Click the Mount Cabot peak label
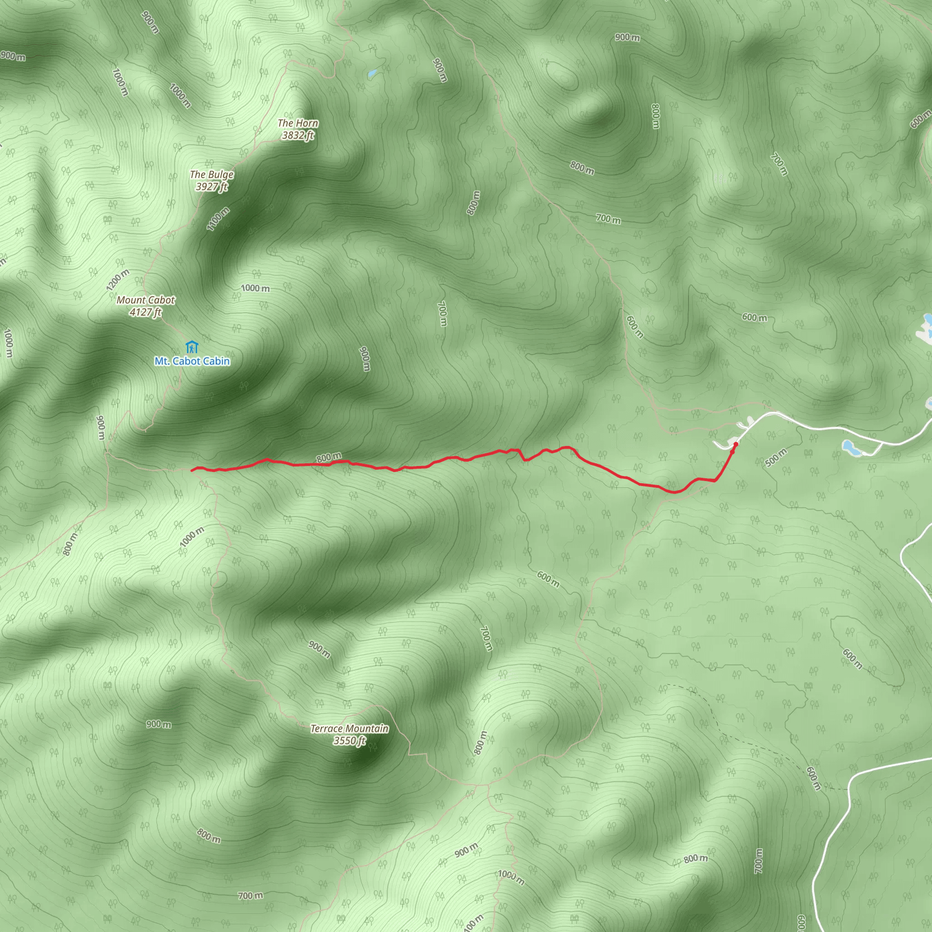pos(146,300)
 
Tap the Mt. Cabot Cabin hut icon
pos(192,347)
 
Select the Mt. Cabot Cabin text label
pos(192,361)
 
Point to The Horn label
pos(298,123)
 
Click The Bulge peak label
pos(212,175)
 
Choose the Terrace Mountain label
pos(349,729)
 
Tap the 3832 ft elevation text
pos(298,136)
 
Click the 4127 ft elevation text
pos(145,312)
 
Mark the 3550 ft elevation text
pos(349,740)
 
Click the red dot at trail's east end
pos(736,444)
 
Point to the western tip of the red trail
pos(192,470)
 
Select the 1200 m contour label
pos(118,280)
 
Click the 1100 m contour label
pos(218,219)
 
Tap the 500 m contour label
pos(776,457)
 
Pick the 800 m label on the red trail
pos(329,457)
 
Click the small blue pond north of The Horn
pos(371,74)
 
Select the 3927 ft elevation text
pos(212,187)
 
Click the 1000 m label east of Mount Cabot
pos(255,289)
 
